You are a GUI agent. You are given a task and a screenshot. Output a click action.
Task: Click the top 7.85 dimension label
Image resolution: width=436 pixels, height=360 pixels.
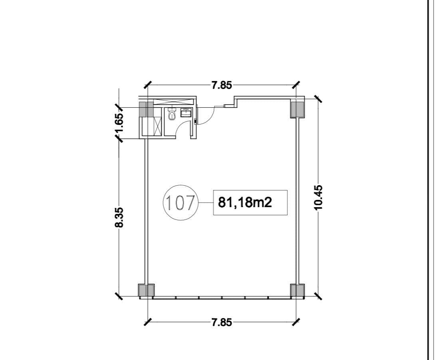(x=222, y=85)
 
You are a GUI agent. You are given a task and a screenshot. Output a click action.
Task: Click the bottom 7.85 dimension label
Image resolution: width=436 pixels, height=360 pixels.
(x=222, y=322)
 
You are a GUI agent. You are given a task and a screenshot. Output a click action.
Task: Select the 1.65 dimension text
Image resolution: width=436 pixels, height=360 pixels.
(x=119, y=123)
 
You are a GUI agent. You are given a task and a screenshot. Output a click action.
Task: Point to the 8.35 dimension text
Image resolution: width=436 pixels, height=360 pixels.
(x=119, y=218)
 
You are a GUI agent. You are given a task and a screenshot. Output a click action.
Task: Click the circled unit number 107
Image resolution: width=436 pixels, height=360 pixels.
(x=180, y=203)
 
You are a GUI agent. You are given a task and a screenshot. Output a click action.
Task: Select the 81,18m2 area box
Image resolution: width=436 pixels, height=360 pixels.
(x=250, y=203)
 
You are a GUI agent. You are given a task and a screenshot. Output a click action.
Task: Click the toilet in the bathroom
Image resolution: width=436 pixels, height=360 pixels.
(x=172, y=115)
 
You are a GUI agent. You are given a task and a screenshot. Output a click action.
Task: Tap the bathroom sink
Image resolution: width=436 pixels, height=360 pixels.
(x=186, y=113)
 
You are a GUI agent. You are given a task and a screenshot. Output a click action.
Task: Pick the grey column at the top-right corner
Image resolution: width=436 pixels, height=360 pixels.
(x=297, y=109)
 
